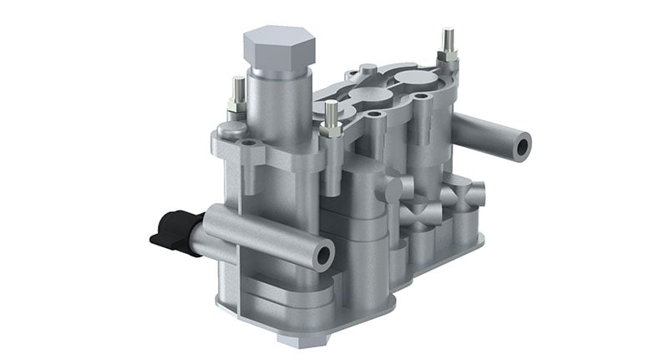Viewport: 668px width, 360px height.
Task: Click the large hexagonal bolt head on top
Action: [279, 48]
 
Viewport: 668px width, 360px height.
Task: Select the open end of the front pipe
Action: [323, 254]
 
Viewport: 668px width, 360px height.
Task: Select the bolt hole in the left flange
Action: [249, 144]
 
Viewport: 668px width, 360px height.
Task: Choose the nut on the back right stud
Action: [448, 55]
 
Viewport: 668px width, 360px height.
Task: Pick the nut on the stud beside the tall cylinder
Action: [331, 130]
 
